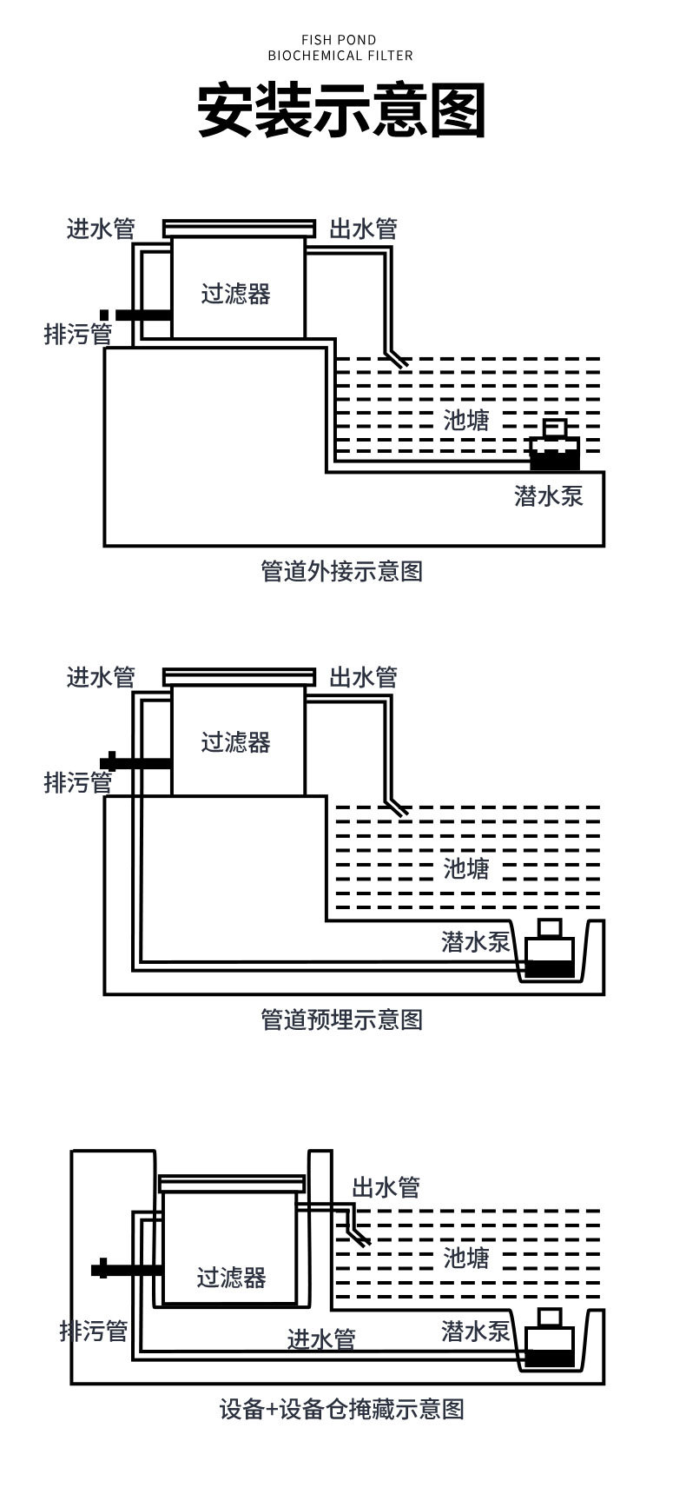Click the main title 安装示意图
(341, 110)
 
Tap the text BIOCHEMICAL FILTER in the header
(340, 56)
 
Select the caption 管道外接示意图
(341, 571)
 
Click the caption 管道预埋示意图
(341, 1019)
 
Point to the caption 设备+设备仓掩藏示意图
(341, 1409)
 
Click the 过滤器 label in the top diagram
(236, 294)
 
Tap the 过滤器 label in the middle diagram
(236, 742)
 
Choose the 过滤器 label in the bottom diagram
(231, 1278)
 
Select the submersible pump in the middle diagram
(549, 950)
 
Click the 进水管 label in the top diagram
(101, 229)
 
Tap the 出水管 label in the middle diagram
(363, 677)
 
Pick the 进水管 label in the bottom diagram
(321, 1339)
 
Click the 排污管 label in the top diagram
(78, 334)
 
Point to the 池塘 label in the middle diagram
(466, 868)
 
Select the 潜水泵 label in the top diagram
(548, 496)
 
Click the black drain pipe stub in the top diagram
(139, 315)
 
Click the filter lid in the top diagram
(240, 227)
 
